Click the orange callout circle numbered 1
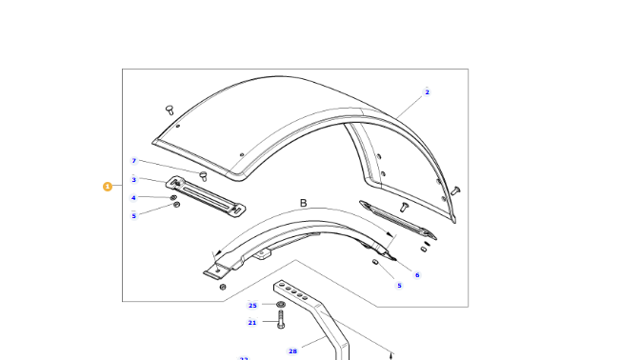(x=108, y=187)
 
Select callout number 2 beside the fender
(x=427, y=92)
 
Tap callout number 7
(x=134, y=161)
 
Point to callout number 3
(x=134, y=180)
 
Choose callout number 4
(x=134, y=198)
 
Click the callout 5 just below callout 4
(x=134, y=215)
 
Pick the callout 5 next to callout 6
(x=399, y=285)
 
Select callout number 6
(x=416, y=274)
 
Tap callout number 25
(x=252, y=306)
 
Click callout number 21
(x=252, y=323)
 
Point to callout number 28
(x=292, y=351)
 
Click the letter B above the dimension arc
(x=304, y=204)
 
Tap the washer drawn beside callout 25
(x=280, y=305)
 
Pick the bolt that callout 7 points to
(x=203, y=174)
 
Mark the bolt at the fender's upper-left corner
(x=170, y=109)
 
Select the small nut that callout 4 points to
(x=173, y=196)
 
